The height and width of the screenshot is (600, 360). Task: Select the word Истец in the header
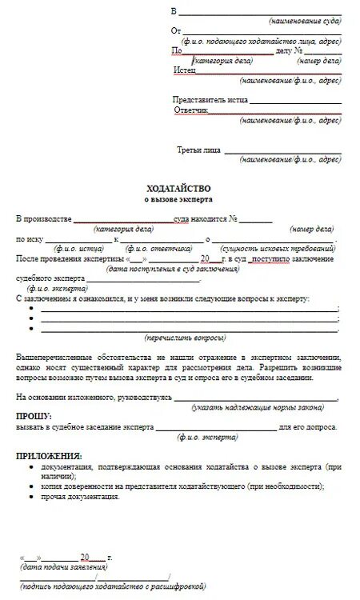pyautogui.click(x=185, y=70)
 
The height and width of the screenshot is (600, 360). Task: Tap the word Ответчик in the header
pyautogui.click(x=191, y=110)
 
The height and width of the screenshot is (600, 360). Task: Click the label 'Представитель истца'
pyautogui.click(x=210, y=100)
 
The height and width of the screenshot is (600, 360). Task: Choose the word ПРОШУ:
pyautogui.click(x=34, y=417)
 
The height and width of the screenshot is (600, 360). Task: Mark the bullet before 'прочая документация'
pyautogui.click(x=30, y=497)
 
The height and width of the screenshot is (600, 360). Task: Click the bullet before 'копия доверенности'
pyautogui.click(x=30, y=486)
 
